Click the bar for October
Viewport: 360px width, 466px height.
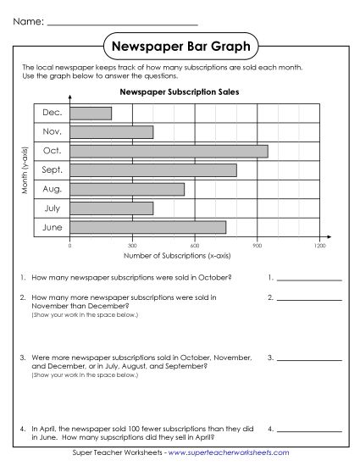169,151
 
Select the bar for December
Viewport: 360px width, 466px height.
91,113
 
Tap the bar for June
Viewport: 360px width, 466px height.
147,226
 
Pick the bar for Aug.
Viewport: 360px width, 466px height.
127,189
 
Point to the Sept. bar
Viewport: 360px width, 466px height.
152,169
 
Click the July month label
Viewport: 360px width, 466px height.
52,208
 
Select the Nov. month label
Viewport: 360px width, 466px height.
52,131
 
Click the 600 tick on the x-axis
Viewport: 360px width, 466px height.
195,245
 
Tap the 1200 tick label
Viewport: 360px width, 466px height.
319,245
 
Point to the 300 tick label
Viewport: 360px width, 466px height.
132,245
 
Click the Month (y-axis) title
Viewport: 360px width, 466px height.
25,169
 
